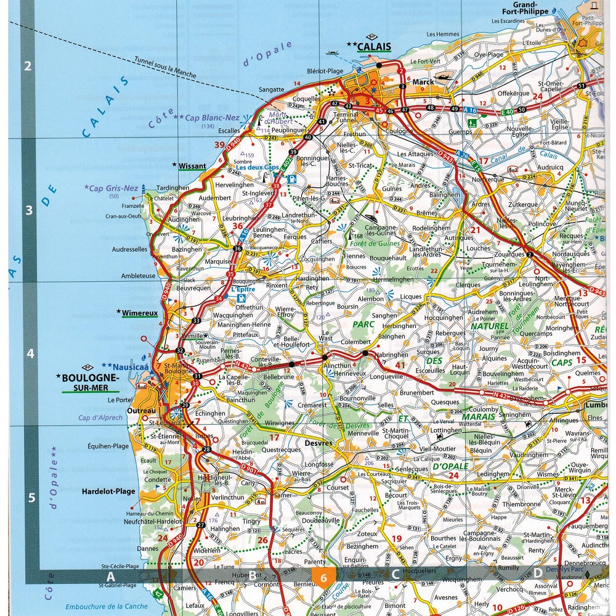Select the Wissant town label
point(192,166)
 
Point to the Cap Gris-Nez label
point(115,188)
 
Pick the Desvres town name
point(318,443)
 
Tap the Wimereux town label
point(140,313)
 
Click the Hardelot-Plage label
point(108,492)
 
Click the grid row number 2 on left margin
point(28,66)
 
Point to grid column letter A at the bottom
point(111,576)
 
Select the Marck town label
point(424,81)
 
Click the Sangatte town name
point(272,89)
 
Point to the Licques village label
point(411,297)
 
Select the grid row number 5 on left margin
point(31,498)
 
